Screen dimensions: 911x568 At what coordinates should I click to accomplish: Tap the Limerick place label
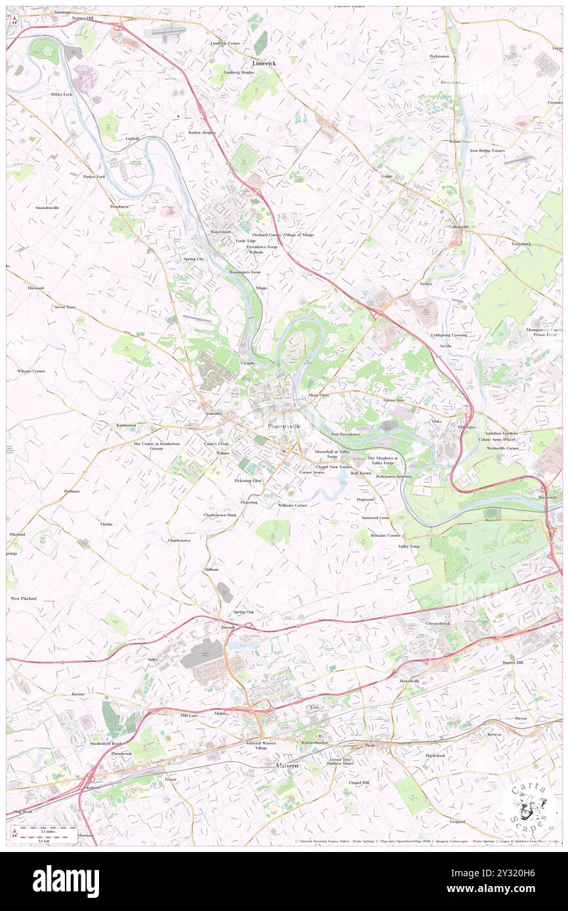pyautogui.click(x=264, y=62)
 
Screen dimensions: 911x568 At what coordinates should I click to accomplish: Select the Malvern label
pyautogui.click(x=286, y=765)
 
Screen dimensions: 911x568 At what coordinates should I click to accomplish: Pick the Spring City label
pyautogui.click(x=193, y=259)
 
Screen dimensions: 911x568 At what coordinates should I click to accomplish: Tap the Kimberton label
pyautogui.click(x=126, y=425)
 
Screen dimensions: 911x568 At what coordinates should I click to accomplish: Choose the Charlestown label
pyautogui.click(x=179, y=540)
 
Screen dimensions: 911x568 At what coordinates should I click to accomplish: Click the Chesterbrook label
pyautogui.click(x=438, y=623)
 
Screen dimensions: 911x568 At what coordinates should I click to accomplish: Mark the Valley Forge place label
pyautogui.click(x=409, y=546)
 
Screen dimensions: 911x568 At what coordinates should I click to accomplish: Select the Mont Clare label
pyautogui.click(x=319, y=396)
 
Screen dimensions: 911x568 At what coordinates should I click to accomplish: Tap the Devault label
pyautogui.click(x=228, y=627)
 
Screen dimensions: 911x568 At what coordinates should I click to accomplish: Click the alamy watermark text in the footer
pyautogui.click(x=66, y=882)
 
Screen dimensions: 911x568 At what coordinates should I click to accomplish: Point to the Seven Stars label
pyautogui.click(x=65, y=307)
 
